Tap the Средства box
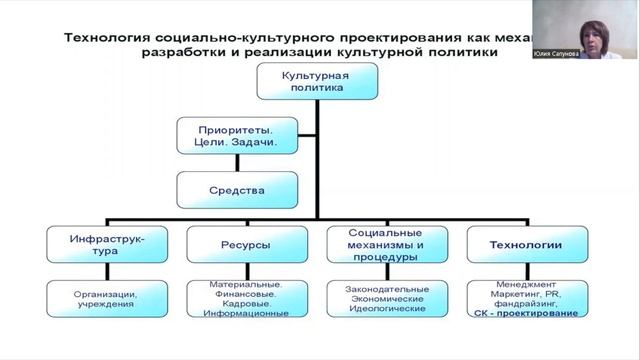pyautogui.click(x=237, y=188)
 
